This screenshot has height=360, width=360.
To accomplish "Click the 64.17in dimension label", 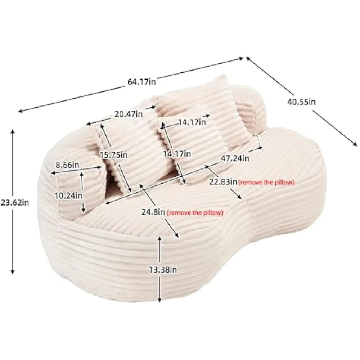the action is point(141,82).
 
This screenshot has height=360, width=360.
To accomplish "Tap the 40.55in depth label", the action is point(301,102).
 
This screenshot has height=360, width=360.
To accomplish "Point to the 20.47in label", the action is point(129,114).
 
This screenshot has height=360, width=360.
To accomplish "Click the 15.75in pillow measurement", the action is point(113,155).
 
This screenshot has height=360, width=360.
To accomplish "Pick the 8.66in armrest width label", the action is point(67,165).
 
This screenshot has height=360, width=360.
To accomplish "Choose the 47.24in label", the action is point(235,158).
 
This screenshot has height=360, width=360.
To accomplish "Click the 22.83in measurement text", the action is point(223,182).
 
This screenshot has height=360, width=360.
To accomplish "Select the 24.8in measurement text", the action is point(153,212).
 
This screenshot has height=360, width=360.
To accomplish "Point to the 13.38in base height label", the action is point(163,270).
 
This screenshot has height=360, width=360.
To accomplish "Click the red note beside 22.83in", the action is point(266,183).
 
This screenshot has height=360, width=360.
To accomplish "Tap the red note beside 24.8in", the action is point(195,213).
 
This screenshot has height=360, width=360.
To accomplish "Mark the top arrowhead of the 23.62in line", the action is point(13,131).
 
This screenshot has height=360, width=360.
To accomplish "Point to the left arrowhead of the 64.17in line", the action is point(20,112).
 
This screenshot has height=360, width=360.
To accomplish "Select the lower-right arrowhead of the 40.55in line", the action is point(355,144).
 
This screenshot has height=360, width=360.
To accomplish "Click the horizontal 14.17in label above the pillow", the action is point(192,122).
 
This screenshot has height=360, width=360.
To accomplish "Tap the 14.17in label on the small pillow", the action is point(177,154).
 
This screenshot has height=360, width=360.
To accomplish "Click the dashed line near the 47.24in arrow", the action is point(258,141).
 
